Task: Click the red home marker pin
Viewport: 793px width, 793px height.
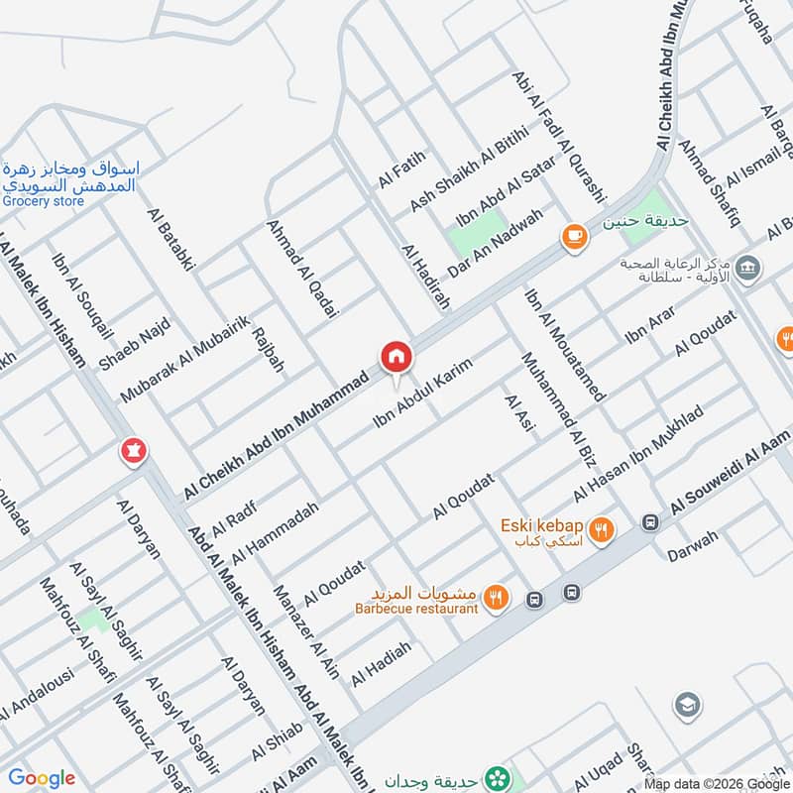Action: point(395,357)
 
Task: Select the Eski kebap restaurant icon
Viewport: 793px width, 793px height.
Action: point(600,531)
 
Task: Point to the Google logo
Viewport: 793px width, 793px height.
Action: point(42,778)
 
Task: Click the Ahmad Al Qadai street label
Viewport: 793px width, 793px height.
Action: point(302,269)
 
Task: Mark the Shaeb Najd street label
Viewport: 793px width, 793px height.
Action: point(135,344)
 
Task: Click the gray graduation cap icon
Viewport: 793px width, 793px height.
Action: point(685,705)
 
